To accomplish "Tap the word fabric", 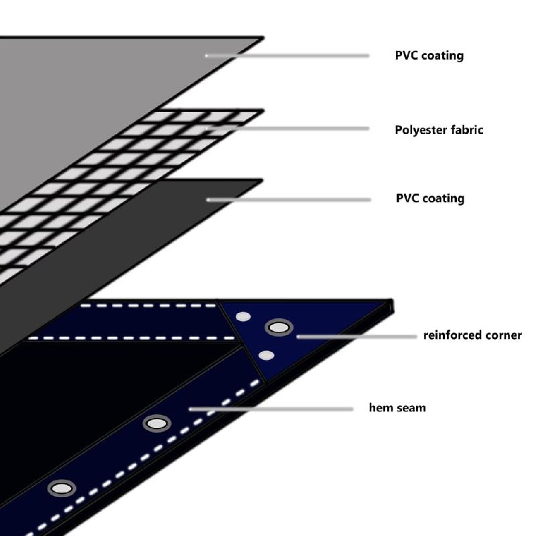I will point(466,129).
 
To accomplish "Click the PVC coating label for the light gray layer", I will point(429,56).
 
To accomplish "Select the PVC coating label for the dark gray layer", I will point(429,198).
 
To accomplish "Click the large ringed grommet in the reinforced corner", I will point(279,328).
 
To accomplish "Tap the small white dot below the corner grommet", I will point(266,355).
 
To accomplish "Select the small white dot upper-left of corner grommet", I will point(243,316).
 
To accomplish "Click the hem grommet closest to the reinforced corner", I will point(157,423).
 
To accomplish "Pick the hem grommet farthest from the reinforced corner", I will point(62,488).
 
